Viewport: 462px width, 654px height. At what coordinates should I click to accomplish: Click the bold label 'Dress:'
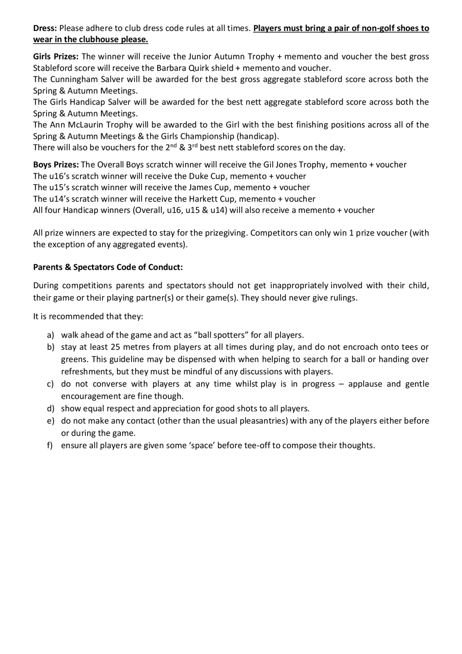tap(45, 28)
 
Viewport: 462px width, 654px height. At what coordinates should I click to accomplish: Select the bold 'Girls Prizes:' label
tap(55, 57)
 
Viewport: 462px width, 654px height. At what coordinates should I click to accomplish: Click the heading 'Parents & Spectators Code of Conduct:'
tap(108, 267)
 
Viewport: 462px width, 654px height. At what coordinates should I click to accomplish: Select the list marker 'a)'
tap(50, 335)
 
